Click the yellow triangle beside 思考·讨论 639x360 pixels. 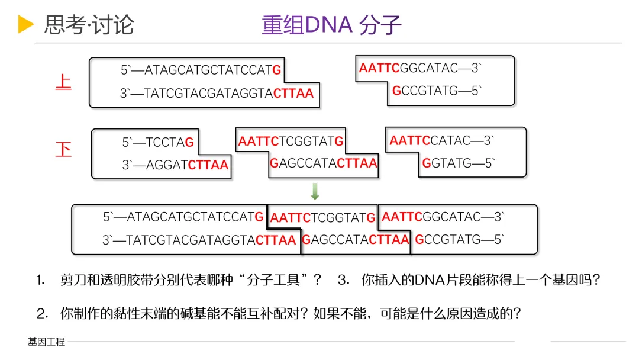tap(25, 24)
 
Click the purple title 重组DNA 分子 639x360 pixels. tap(331, 25)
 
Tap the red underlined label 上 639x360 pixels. tap(63, 82)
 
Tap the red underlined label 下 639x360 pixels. tap(63, 149)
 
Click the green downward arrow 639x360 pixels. tap(315, 191)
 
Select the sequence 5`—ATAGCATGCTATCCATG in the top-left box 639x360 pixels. tap(201, 70)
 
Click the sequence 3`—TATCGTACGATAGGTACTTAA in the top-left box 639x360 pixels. tap(217, 94)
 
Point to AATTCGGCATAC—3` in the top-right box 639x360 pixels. tap(420, 68)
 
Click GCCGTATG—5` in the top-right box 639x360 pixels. tap(437, 91)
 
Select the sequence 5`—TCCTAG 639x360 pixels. tap(158, 143)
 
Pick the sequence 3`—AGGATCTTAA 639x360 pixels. tap(175, 165)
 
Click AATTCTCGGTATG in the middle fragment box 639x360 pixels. tap(291, 142)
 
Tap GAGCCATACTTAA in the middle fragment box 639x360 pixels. tap(324, 163)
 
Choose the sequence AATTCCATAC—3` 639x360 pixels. tap(441, 141)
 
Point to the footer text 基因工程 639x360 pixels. tap(46, 342)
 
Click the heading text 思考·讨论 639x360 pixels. tap(89, 25)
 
